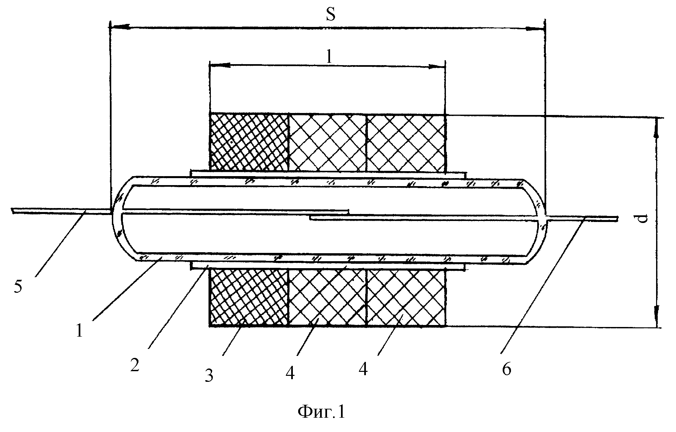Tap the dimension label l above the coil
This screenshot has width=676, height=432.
[x=329, y=57]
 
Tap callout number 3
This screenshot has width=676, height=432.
[x=209, y=377]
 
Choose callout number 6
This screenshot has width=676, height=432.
[x=506, y=369]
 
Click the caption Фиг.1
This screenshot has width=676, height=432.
[x=321, y=412]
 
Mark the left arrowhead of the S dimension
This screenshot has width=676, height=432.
[x=120, y=27]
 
